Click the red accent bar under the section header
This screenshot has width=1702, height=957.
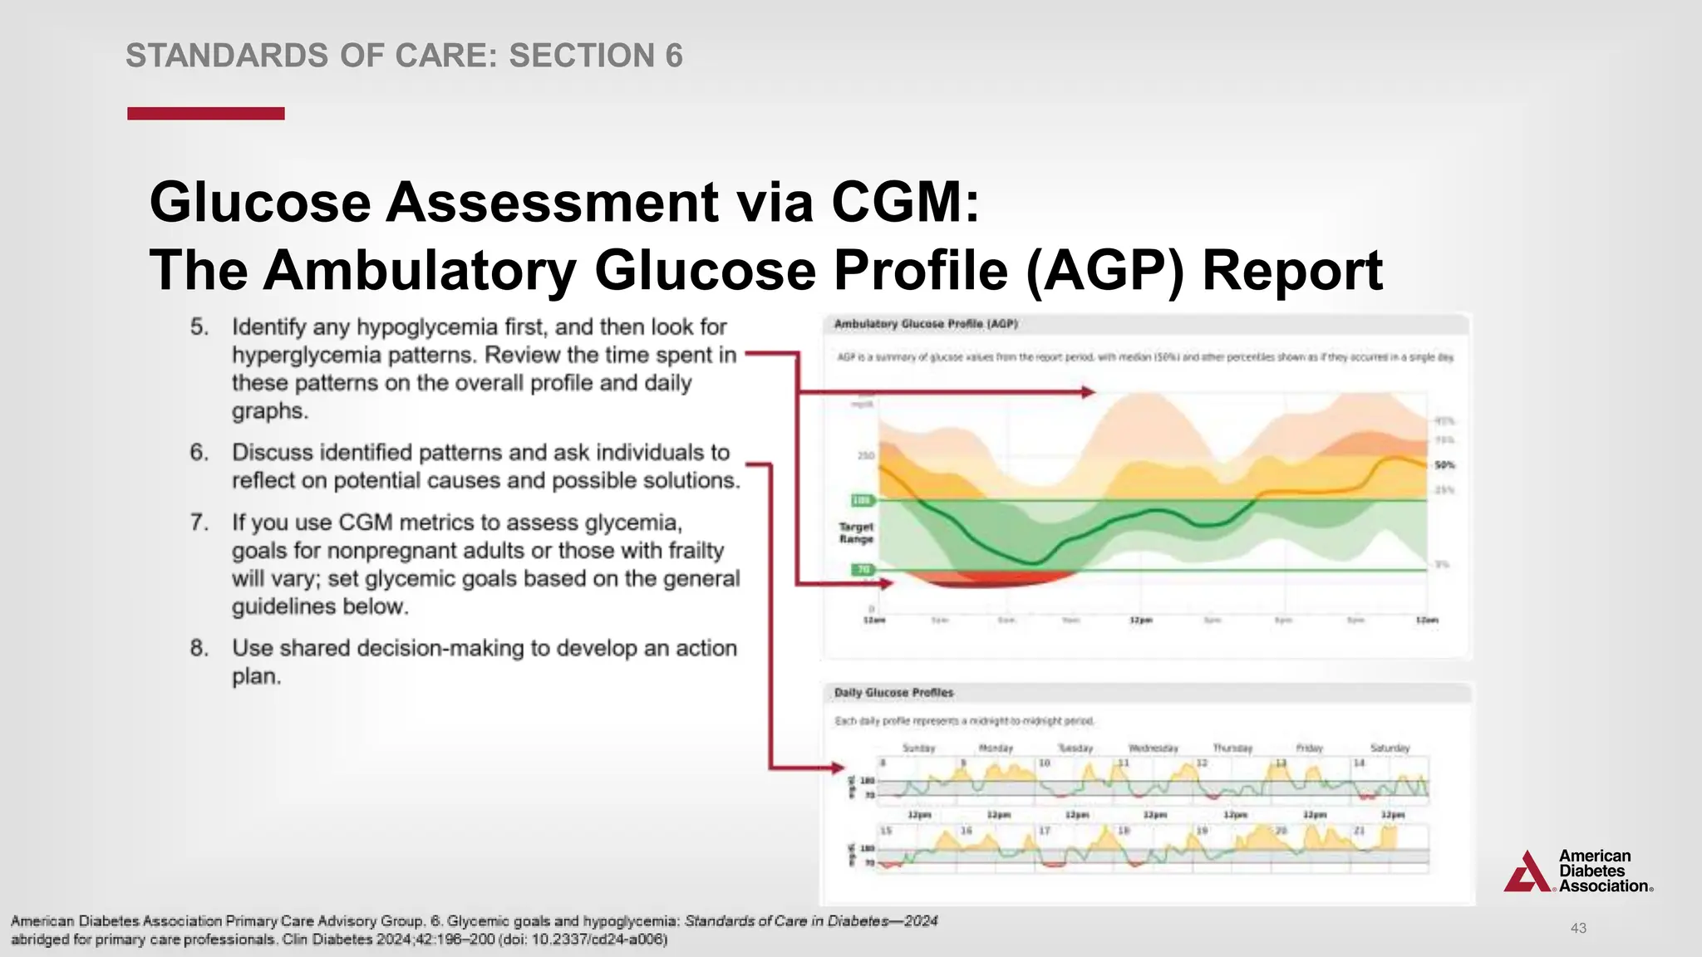(205, 114)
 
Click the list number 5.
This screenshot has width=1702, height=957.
(199, 327)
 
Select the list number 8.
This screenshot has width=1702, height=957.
(199, 648)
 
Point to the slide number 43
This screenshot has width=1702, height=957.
(1578, 928)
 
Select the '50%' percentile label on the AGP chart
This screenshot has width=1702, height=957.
(1444, 465)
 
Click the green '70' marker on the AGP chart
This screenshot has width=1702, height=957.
(863, 570)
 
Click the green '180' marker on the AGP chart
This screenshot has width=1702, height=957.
(862, 500)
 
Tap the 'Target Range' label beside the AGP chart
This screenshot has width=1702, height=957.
(856, 532)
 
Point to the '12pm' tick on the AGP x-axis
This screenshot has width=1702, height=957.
(1140, 621)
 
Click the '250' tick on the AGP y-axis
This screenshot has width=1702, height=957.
(865, 456)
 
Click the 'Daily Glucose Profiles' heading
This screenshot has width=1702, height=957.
(893, 693)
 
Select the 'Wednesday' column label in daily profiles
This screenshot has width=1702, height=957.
(1153, 748)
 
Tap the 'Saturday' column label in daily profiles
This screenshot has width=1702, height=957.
(1390, 748)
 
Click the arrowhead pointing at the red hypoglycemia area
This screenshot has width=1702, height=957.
(887, 584)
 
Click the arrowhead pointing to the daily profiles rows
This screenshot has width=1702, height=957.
(838, 768)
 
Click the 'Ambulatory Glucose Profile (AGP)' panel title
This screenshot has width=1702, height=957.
(925, 324)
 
